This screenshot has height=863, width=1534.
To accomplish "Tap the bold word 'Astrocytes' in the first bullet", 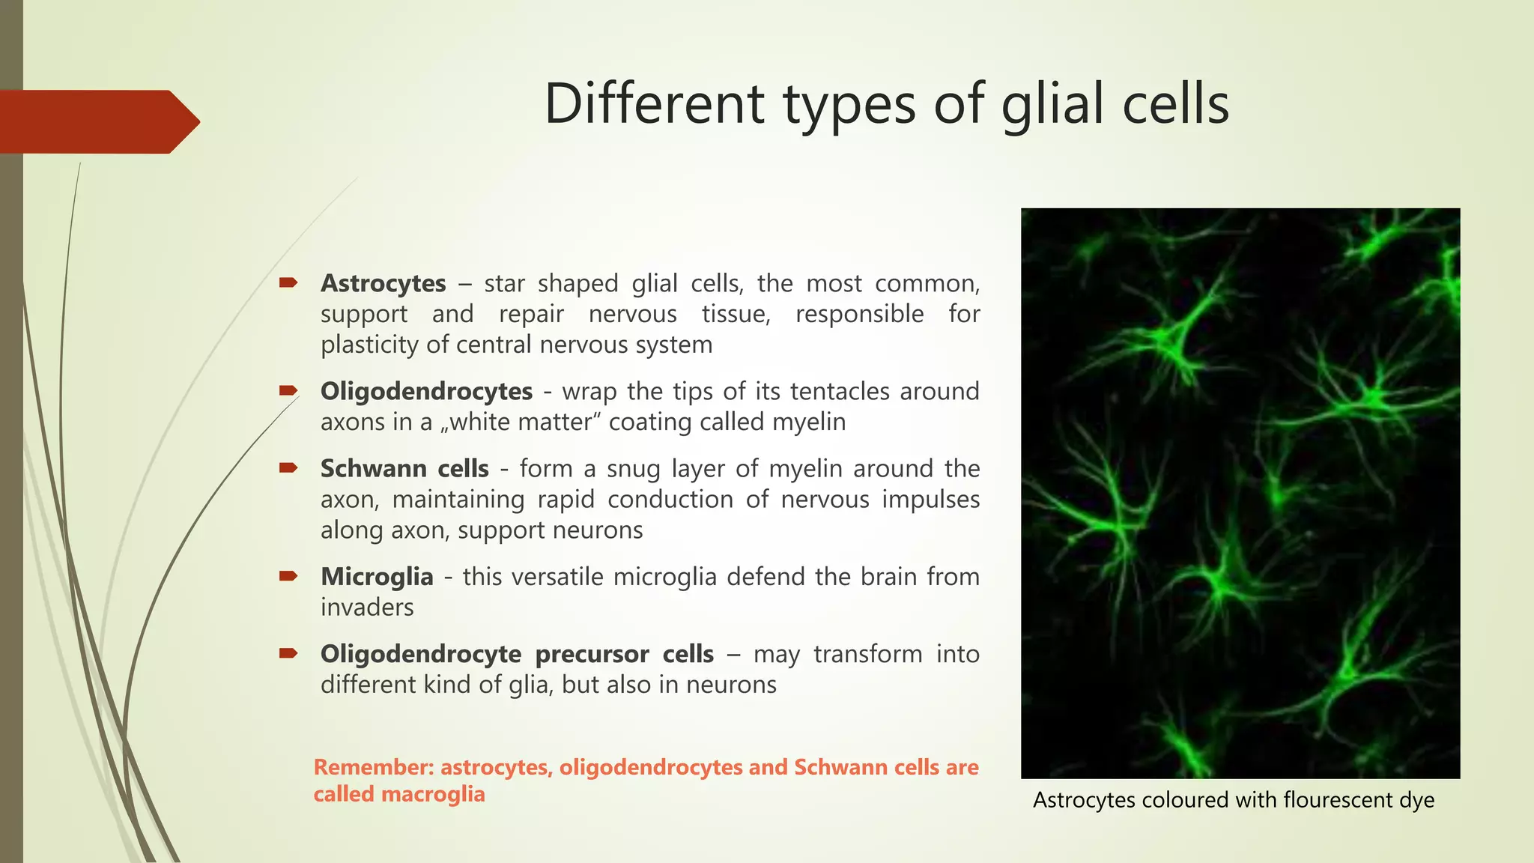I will (383, 283).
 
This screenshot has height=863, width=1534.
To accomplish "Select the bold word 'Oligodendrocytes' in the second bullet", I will (426, 391).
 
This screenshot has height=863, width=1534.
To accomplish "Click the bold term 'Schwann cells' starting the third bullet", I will (404, 468).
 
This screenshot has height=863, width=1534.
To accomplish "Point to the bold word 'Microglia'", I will (377, 576).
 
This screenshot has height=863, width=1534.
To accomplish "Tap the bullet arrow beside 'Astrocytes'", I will (288, 282).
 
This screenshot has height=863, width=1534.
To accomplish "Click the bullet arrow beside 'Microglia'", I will (288, 575).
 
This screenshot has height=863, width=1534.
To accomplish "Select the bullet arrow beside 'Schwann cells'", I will (288, 467).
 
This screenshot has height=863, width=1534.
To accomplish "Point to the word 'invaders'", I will (367, 607).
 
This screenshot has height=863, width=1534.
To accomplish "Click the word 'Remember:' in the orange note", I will (374, 767).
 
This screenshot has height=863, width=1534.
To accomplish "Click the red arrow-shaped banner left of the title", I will (97, 121).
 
